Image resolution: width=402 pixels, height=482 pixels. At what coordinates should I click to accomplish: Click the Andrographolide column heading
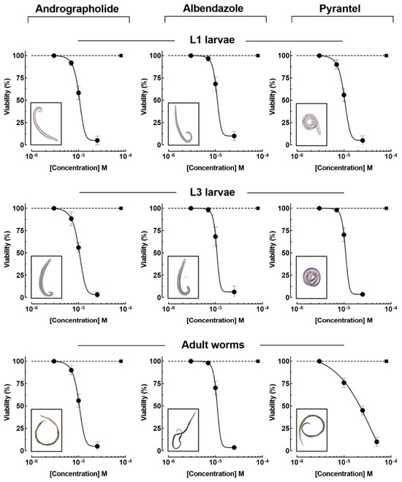[x=77, y=9]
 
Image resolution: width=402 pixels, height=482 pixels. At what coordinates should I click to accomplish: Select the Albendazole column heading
[x=213, y=8]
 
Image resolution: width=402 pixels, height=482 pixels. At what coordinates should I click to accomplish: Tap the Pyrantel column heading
[x=340, y=9]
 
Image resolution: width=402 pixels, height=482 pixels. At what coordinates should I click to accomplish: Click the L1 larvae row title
[x=212, y=39]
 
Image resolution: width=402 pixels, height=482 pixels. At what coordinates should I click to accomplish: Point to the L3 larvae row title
[x=212, y=192]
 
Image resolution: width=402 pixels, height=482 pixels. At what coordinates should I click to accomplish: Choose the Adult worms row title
[x=213, y=345]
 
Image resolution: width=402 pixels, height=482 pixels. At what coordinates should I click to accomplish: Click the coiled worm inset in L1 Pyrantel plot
[x=312, y=123]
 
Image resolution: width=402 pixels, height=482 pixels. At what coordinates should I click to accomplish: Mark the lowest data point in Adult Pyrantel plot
[x=376, y=442]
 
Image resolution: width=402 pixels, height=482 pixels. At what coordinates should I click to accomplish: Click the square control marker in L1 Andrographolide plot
[x=121, y=56]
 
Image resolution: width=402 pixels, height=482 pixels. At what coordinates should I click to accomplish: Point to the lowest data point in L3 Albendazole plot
[x=234, y=292]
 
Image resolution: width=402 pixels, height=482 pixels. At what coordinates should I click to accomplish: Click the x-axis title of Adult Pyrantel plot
[x=344, y=474]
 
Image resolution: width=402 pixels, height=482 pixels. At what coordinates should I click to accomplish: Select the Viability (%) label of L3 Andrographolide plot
[x=7, y=249]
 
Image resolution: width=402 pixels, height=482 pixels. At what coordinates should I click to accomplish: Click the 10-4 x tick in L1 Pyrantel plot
[x=390, y=156]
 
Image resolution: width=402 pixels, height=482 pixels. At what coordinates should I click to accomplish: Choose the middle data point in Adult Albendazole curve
[x=216, y=388]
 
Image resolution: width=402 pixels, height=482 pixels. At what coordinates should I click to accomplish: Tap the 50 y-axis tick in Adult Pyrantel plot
[x=286, y=406]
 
